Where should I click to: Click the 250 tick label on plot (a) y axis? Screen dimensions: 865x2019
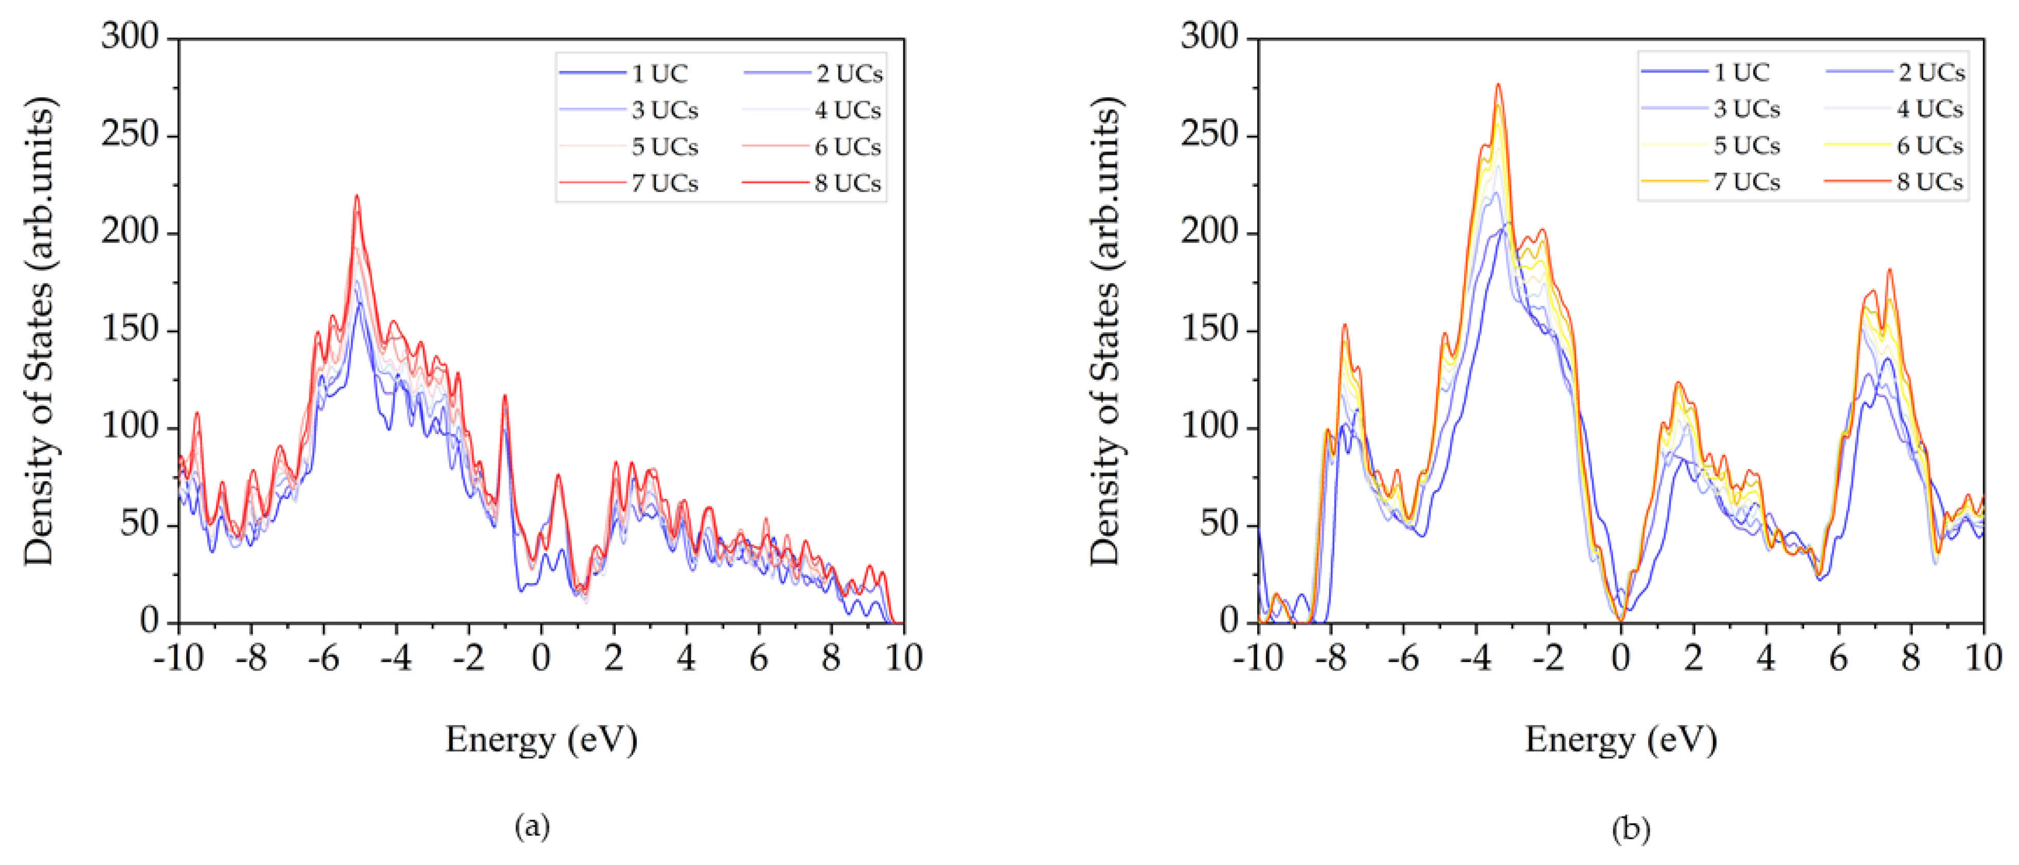(x=129, y=135)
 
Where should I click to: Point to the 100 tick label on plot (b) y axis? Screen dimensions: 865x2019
(x=1209, y=428)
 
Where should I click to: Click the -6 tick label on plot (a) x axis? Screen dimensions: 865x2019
(x=324, y=658)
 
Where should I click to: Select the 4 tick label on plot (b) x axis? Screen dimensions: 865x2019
(x=1766, y=658)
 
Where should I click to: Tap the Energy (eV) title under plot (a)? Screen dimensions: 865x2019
(x=541, y=739)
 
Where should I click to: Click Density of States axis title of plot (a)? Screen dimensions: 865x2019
(x=39, y=331)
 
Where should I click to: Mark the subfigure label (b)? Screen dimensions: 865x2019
(x=1630, y=828)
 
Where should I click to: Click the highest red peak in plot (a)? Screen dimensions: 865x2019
(x=356, y=196)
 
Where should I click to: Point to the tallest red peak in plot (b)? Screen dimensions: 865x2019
(x=1498, y=85)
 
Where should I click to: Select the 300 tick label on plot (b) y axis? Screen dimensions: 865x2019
(x=1209, y=37)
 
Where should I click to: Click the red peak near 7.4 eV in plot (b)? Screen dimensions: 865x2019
(x=1889, y=271)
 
